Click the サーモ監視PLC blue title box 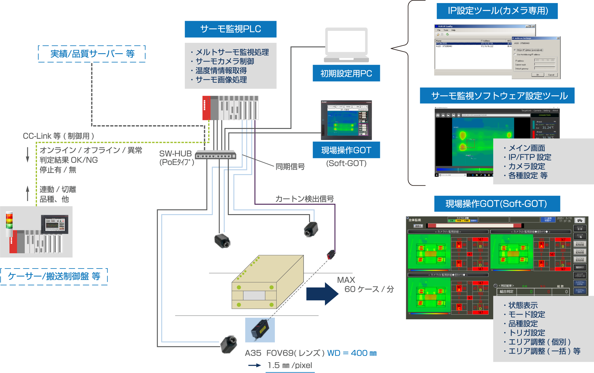click(x=231, y=29)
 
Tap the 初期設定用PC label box click(x=346, y=73)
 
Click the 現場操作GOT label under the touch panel click(x=346, y=150)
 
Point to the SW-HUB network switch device click(x=216, y=155)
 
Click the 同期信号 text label click(x=290, y=166)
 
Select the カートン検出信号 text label click(x=304, y=199)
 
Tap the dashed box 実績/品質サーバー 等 click(x=92, y=54)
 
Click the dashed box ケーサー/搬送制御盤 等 click(x=54, y=276)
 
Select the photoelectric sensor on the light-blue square click(x=260, y=330)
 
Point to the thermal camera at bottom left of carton click(x=229, y=344)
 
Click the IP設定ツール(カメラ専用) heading click(x=497, y=11)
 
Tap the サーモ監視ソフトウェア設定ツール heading click(x=497, y=96)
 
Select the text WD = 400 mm click(x=352, y=353)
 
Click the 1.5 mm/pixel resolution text click(x=290, y=365)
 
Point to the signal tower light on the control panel click(x=9, y=223)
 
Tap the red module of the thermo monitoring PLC click(x=206, y=108)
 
